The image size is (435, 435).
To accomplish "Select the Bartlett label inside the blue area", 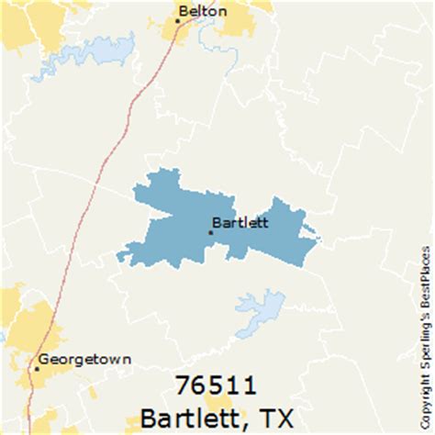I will click(x=240, y=221).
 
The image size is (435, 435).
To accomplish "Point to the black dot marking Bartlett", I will click(x=210, y=232).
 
